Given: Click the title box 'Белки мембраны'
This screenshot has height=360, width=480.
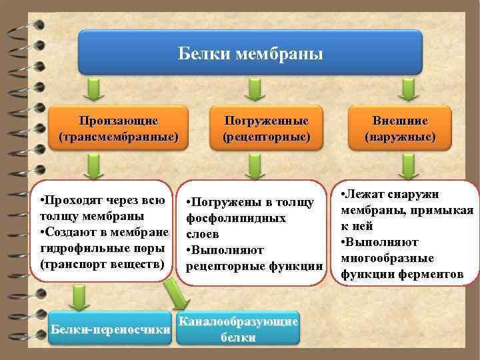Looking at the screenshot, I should [x=251, y=52].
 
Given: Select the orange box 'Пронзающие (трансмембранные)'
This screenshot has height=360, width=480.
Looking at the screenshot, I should [x=118, y=129].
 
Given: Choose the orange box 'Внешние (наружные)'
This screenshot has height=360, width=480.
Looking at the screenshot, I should [x=400, y=129].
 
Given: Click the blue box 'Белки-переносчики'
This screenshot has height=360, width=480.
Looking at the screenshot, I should [x=111, y=329].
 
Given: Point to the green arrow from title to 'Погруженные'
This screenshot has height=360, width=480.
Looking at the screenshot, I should [x=251, y=88].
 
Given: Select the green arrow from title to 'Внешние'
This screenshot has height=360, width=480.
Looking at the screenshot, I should [x=405, y=88].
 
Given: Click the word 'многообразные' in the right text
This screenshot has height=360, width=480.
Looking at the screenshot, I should [x=387, y=258].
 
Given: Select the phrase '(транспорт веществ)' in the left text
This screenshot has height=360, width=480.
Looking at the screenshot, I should [x=101, y=263].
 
